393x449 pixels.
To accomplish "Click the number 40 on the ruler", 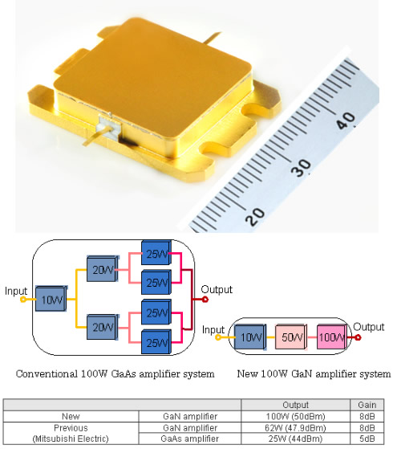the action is [x=346, y=120].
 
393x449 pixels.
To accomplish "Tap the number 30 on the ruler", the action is [x=301, y=168].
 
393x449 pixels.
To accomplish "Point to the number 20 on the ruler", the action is [x=255, y=217].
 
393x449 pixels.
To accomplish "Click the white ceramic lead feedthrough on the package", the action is [x=109, y=127].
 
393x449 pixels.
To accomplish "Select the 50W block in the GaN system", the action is [x=291, y=337].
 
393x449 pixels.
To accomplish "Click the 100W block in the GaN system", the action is [x=332, y=337].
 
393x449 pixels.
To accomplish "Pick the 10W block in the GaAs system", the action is [x=51, y=299].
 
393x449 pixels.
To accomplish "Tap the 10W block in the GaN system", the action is [x=250, y=337].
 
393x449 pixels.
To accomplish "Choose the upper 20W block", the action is [x=103, y=268].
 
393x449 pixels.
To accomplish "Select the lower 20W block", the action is [x=103, y=327].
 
